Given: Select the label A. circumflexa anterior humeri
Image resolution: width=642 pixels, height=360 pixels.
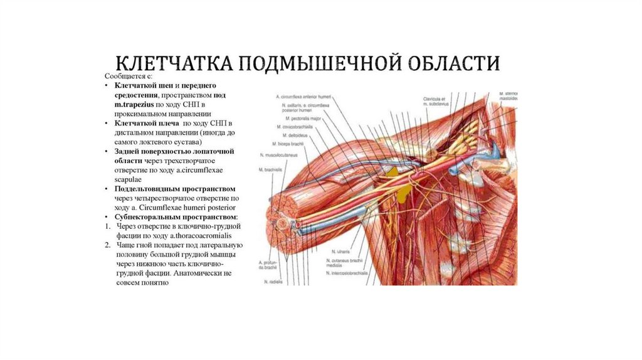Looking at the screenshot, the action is click(303, 97).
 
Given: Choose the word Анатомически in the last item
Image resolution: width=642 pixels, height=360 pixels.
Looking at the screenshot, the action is click(197, 273).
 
